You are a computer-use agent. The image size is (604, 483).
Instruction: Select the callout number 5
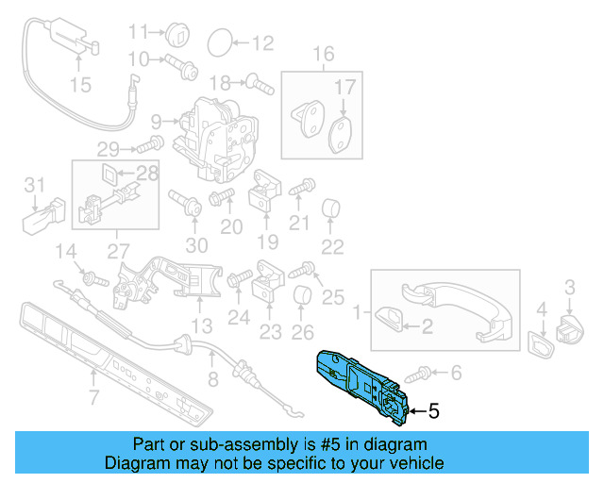[x=433, y=411]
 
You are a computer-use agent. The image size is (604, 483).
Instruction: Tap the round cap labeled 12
[x=218, y=42]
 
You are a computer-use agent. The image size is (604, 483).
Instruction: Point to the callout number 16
[x=324, y=54]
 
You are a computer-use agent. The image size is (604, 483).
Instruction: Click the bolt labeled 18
[x=259, y=83]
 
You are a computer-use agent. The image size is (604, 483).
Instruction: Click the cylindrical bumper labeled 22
[x=331, y=208]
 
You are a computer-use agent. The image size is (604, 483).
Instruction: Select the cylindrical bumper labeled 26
[x=302, y=299]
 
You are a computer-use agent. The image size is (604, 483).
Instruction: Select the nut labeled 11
[x=178, y=34]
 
